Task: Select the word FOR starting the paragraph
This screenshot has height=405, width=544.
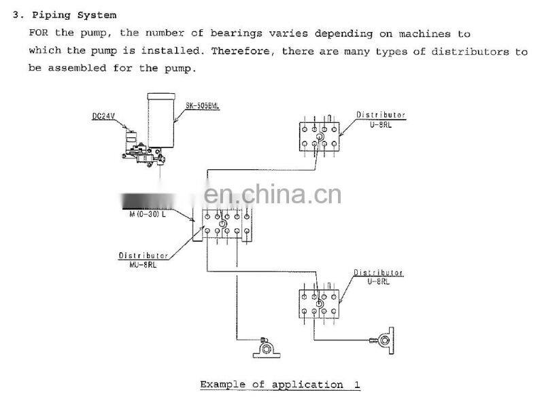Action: pos(37,33)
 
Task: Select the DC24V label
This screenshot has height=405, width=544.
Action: pos(104,116)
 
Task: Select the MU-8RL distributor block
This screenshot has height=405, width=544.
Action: pos(222,224)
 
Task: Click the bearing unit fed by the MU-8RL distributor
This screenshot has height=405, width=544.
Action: pos(263,349)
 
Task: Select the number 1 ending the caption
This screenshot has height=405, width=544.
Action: pos(356,385)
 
